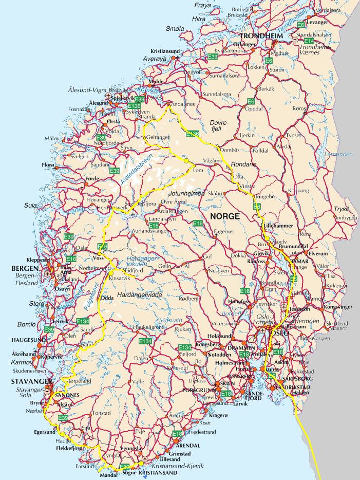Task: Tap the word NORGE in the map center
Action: pos(224,216)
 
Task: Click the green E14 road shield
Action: pos(309,41)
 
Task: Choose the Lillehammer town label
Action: pos(278,226)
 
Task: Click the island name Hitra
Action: pos(198,19)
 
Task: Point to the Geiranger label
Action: pos(158,138)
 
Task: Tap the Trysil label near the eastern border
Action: pos(341,209)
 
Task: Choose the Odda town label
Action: pos(107,298)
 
